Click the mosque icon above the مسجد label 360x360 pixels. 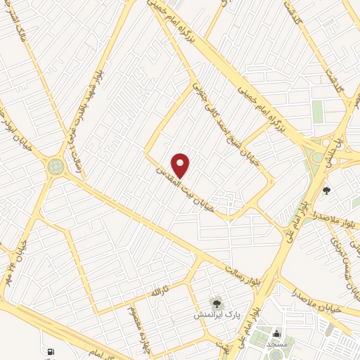click(276, 333)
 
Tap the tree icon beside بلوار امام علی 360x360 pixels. click(326, 189)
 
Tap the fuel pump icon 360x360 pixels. click(50, 352)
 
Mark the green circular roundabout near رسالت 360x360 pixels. click(55, 167)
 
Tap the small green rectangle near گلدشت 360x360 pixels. click(317, 110)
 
